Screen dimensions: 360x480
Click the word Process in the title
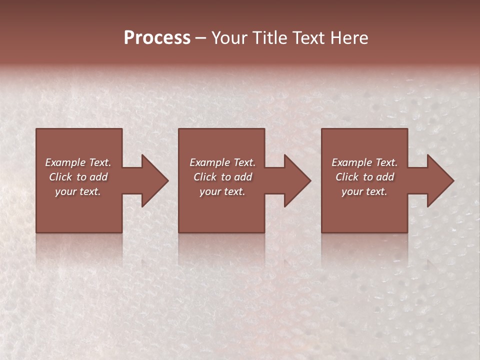157,38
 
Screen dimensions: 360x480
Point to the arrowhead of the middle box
296,180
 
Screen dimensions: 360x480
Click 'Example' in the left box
65,162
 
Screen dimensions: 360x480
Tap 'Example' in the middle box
209,162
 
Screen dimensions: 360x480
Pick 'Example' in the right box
351,162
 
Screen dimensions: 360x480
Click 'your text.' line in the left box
78,191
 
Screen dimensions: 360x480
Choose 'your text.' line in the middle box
222,191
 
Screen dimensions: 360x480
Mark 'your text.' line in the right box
364,191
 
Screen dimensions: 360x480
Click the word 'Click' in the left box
61,177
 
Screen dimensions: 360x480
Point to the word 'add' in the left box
99,177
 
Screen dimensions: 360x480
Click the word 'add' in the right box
385,177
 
